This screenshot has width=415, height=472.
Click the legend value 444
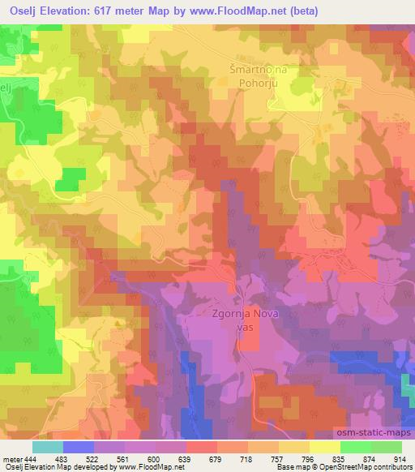(x=32, y=458)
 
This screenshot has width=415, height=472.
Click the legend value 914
(x=400, y=458)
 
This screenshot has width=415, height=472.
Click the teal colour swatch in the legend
(x=48, y=446)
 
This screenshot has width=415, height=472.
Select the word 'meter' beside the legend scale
(x=11, y=458)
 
